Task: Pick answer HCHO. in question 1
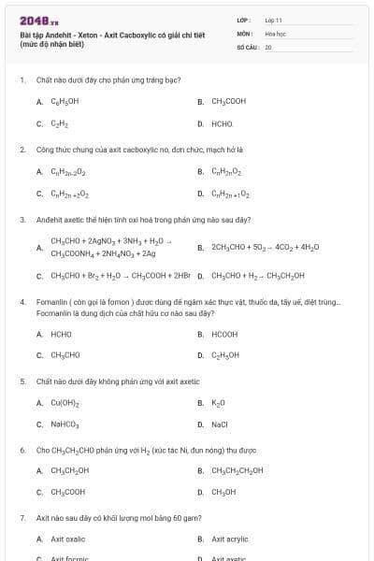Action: coord(223,123)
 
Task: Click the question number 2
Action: coord(22,149)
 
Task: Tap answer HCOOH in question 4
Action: coord(224,334)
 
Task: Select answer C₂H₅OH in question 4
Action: coord(225,355)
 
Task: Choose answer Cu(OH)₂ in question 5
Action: coord(65,403)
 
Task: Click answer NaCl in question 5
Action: coord(220,424)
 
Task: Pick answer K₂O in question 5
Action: coord(219,403)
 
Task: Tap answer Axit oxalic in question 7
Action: coord(68,539)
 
